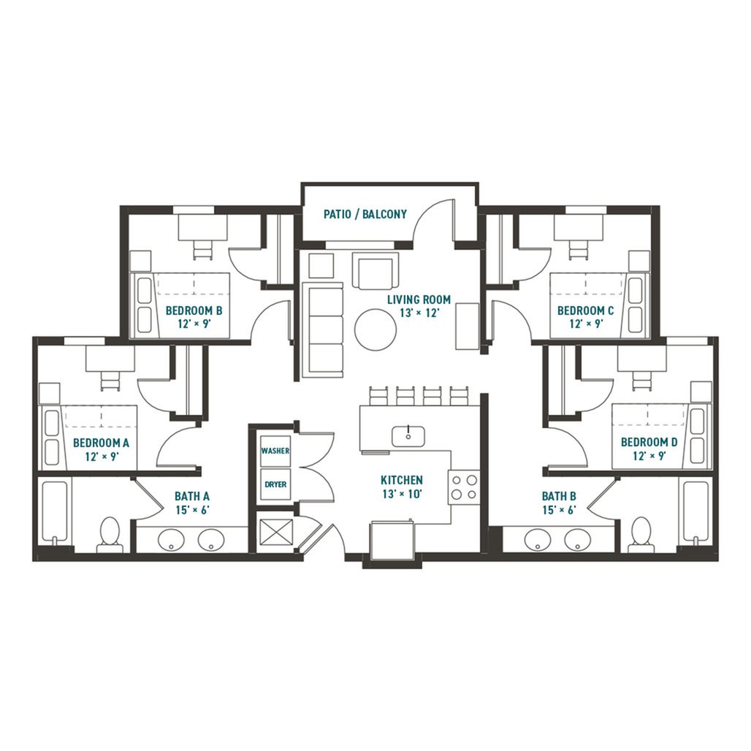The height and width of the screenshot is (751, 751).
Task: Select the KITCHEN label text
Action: pos(401,480)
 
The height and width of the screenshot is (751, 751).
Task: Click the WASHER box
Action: pos(275,451)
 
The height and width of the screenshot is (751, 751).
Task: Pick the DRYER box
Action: pos(275,484)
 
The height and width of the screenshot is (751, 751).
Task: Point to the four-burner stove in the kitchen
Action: pos(464,487)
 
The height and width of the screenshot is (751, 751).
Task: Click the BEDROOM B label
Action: pos(194,310)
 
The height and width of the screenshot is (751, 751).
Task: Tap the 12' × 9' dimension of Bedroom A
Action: pos(102,456)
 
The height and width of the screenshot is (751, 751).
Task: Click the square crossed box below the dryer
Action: pos(275,533)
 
